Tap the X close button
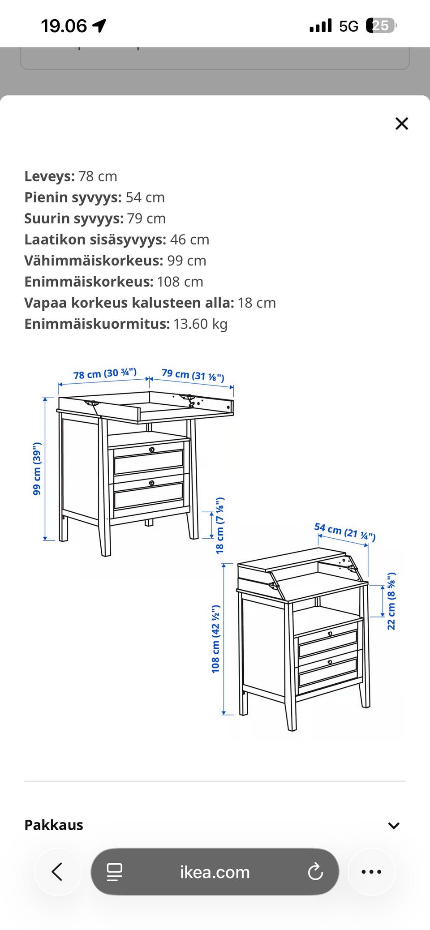coord(402,124)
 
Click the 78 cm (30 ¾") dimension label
coord(105,374)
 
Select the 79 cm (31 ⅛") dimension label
coord(193,375)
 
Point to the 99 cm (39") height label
coord(37,468)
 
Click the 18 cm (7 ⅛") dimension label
coord(220,525)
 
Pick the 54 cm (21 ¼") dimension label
coord(345,531)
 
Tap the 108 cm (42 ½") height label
coord(215,639)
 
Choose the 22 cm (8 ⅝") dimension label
coord(391,601)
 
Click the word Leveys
coord(48,176)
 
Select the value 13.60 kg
coord(200,324)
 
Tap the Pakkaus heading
coord(54,825)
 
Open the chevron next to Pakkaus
coord(394,825)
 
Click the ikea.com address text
coord(215,872)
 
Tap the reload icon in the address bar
coord(315,872)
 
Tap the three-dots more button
coord(371,872)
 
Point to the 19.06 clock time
coord(64,26)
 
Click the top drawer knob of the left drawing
coord(152,450)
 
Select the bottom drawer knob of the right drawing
coord(330,662)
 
